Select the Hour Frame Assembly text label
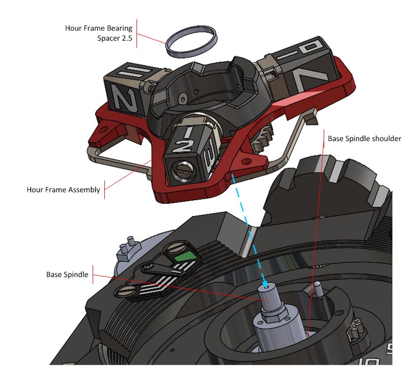pyautogui.click(x=63, y=190)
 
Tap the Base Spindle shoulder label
pyautogui.click(x=364, y=139)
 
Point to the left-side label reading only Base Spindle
pyautogui.click(x=67, y=275)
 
